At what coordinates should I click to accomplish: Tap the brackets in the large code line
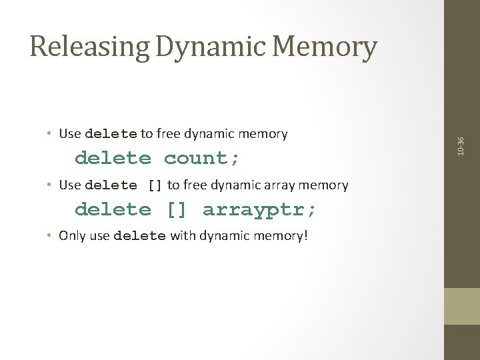(x=177, y=210)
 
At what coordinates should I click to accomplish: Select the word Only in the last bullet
(x=71, y=235)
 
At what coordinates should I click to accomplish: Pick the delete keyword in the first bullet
(x=111, y=134)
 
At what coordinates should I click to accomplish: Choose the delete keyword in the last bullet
(x=139, y=235)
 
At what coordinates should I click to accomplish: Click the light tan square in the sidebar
(x=461, y=306)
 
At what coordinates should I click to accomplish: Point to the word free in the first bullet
(x=164, y=134)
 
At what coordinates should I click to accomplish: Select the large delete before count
(x=113, y=159)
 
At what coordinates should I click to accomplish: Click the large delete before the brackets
(x=113, y=210)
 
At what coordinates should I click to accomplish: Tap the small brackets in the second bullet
(x=155, y=185)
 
